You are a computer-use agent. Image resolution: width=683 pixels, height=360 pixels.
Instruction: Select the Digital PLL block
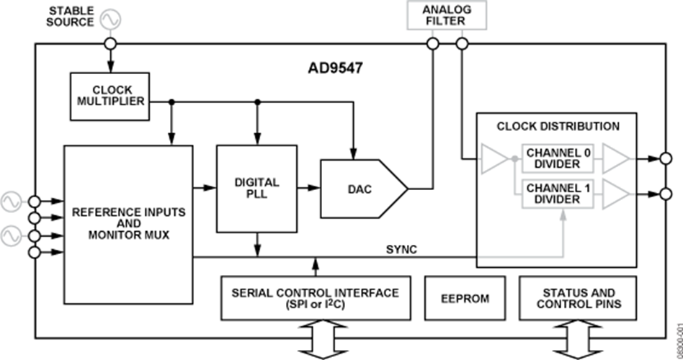pos(256,188)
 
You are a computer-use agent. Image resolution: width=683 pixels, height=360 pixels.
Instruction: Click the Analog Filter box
pos(447,14)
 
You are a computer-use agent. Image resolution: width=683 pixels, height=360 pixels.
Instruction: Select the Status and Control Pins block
pos(578,298)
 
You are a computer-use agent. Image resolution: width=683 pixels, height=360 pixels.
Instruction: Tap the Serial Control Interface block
pos(314,298)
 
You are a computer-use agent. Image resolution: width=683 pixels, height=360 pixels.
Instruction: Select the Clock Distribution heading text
pos(558,126)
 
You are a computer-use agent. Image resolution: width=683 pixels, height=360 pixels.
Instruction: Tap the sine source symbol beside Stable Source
pos(110,19)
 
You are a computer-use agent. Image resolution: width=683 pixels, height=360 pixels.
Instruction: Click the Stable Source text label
pos(70,16)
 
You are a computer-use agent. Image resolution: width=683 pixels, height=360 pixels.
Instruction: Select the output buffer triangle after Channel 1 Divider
pos(614,192)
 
